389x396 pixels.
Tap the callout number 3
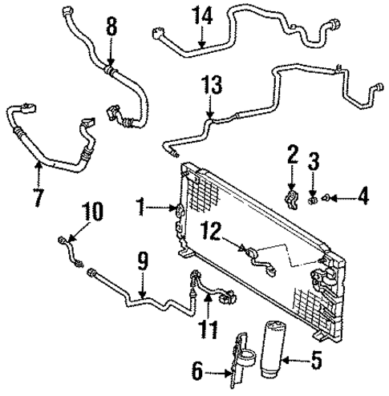[315, 161]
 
